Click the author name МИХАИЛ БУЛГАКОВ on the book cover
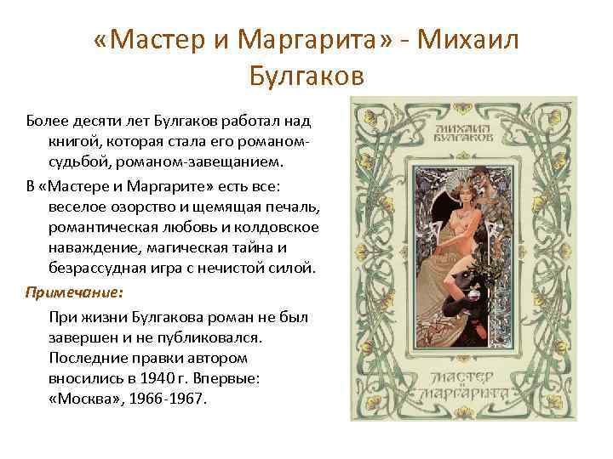point(463,127)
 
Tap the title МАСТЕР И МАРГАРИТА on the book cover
point(467,382)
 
